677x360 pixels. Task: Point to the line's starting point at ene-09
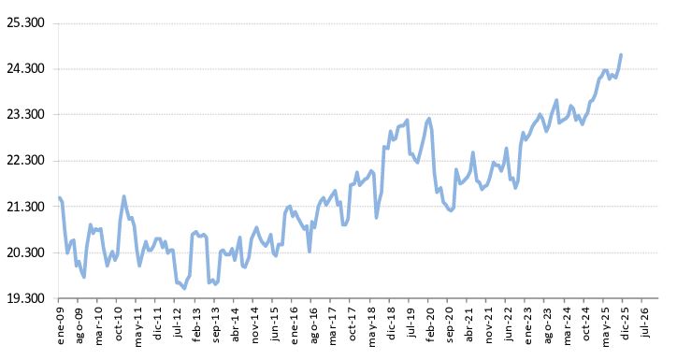(x=59, y=198)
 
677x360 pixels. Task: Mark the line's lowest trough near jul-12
(x=183, y=287)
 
